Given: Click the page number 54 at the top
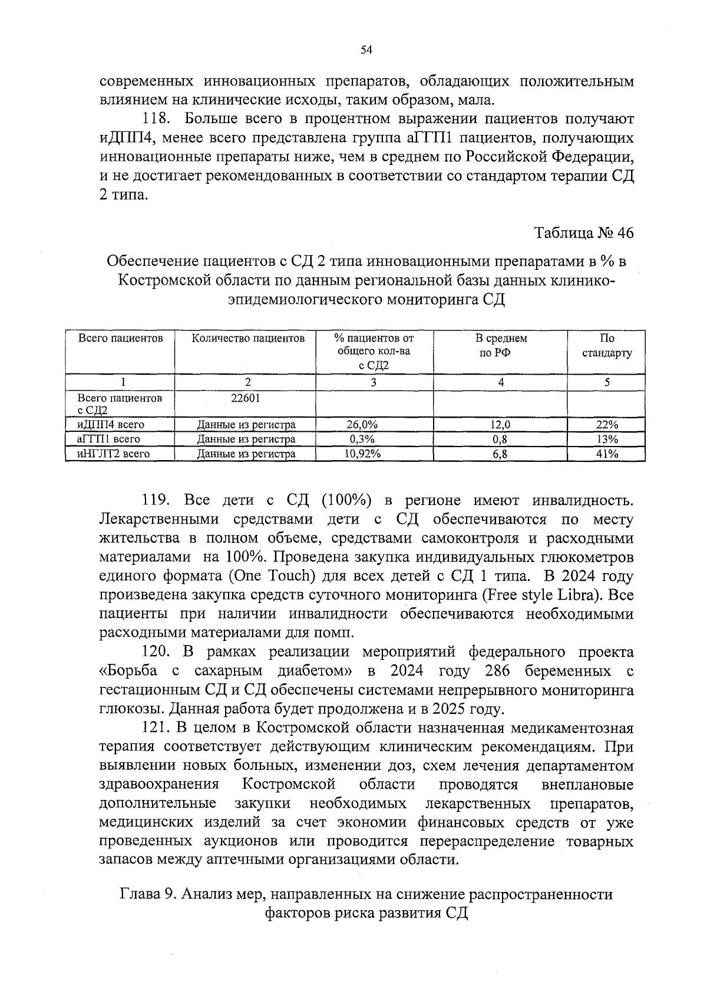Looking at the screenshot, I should [366, 51].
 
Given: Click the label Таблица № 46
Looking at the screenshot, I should [584, 233].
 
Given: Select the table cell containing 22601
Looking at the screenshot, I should [245, 398].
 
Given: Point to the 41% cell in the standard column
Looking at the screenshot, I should [607, 454].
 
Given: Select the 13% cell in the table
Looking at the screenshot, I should [607, 439].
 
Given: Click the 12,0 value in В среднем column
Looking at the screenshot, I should [501, 425].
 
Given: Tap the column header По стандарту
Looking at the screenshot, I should [607, 346].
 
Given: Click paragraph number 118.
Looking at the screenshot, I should [156, 119].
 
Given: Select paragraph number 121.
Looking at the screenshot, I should [157, 728].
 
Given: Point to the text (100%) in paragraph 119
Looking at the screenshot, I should [346, 500].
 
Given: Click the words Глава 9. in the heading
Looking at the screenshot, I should [148, 894].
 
